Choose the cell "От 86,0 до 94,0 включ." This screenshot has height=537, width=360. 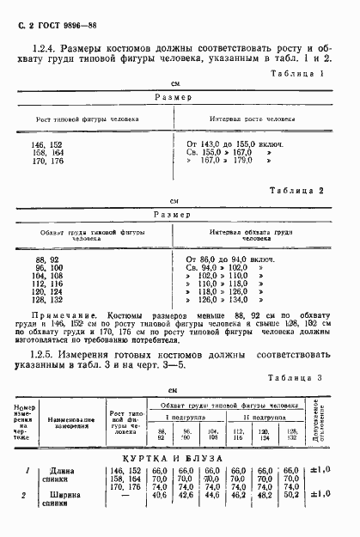[x=229, y=259]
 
